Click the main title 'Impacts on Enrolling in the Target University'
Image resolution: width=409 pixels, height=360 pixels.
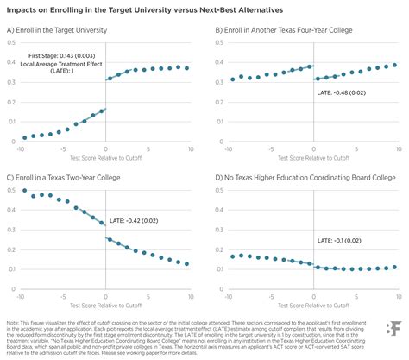[x=147, y=9]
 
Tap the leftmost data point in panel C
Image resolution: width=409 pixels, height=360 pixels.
[x=25, y=190]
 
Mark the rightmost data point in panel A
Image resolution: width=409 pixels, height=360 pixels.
[x=187, y=67]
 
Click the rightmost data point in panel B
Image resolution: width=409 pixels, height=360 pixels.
[x=393, y=65]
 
